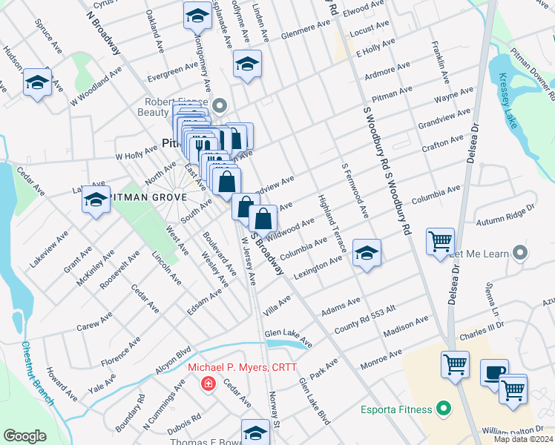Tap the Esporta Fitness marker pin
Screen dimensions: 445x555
coord(444,408)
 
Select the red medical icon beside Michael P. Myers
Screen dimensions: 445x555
coord(209,383)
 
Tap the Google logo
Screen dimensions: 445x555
coord(24,436)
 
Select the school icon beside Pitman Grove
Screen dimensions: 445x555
coord(96,198)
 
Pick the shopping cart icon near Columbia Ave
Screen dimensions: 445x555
coord(440,240)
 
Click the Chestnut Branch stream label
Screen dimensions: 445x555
coord(37,373)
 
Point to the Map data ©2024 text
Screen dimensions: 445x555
coord(522,439)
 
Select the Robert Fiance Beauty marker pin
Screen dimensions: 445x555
coord(219,105)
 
